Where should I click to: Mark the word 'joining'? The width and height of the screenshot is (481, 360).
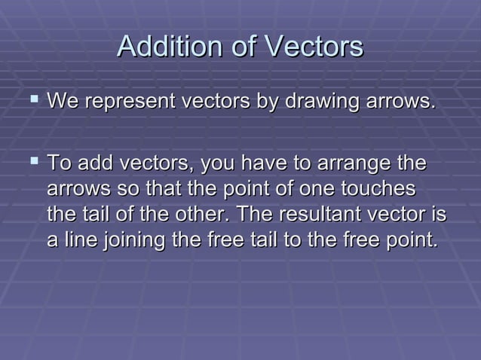click(124, 242)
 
